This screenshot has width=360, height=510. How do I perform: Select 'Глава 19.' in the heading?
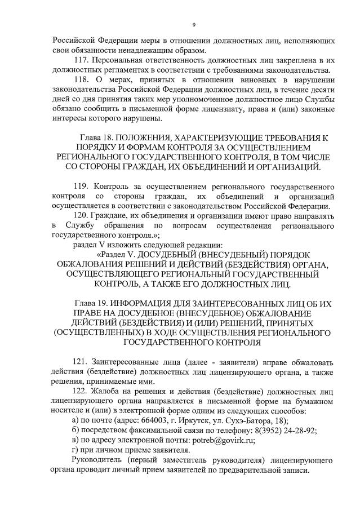click(x=92, y=304)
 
